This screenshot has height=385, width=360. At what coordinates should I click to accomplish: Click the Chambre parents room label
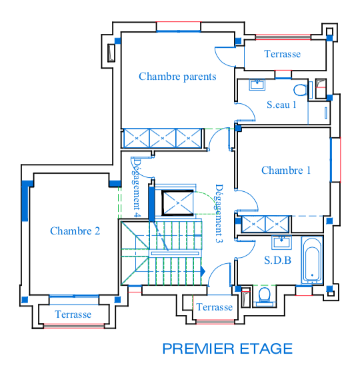click(177, 77)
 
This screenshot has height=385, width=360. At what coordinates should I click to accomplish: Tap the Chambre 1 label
click(286, 171)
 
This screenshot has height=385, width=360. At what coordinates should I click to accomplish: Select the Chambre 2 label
click(75, 231)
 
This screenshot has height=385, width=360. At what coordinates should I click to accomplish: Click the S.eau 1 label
click(281, 105)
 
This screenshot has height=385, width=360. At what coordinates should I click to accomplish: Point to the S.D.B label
click(278, 260)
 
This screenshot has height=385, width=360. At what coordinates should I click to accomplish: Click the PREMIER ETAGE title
click(227, 348)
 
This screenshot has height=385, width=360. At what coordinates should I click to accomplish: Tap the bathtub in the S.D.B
click(312, 260)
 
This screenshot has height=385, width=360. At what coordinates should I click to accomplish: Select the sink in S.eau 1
click(257, 85)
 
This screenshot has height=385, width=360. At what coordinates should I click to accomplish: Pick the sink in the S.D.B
click(281, 242)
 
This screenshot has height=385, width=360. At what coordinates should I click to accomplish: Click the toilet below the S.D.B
click(265, 296)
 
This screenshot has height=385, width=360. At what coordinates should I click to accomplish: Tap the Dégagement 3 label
click(219, 214)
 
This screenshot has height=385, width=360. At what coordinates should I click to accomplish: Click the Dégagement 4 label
click(137, 188)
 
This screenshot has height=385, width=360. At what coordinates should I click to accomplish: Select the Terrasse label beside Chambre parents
click(282, 54)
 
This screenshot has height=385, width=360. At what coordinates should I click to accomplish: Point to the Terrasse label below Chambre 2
click(73, 314)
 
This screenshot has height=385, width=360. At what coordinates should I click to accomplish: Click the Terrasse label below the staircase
click(214, 307)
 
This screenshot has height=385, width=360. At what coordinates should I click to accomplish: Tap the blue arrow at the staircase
click(203, 272)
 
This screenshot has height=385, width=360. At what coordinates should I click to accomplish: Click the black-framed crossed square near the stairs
click(177, 202)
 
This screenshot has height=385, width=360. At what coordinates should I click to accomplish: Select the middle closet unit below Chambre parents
click(163, 139)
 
